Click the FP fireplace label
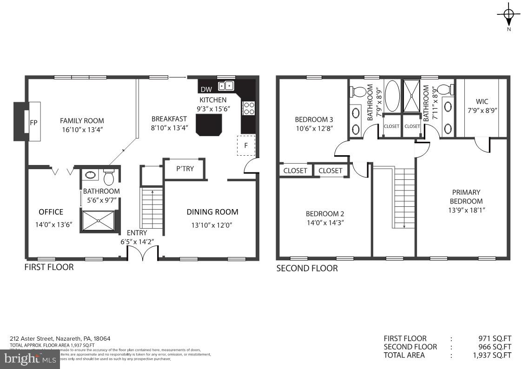(x=33, y=123)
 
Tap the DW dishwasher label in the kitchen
(x=206, y=89)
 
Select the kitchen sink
(x=226, y=86)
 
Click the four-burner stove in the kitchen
(x=249, y=108)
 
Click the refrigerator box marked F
(x=246, y=145)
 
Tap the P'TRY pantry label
(x=185, y=169)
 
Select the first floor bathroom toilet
(x=109, y=177)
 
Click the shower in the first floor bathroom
(x=98, y=221)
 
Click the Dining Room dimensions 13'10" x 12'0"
(x=212, y=225)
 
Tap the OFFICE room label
(x=51, y=212)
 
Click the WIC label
(x=482, y=101)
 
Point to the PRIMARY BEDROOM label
(x=466, y=197)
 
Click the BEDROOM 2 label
(x=325, y=214)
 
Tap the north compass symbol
(x=509, y=15)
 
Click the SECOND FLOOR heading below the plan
(x=307, y=269)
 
